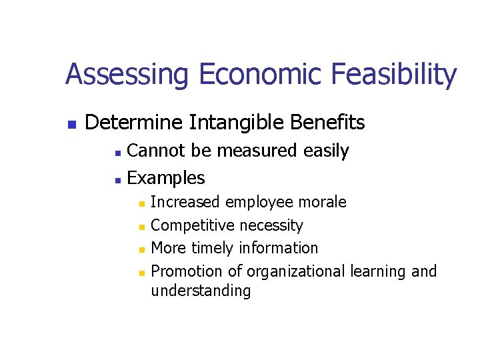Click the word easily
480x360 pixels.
(326, 151)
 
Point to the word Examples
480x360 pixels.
(165, 178)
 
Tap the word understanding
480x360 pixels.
(201, 291)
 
